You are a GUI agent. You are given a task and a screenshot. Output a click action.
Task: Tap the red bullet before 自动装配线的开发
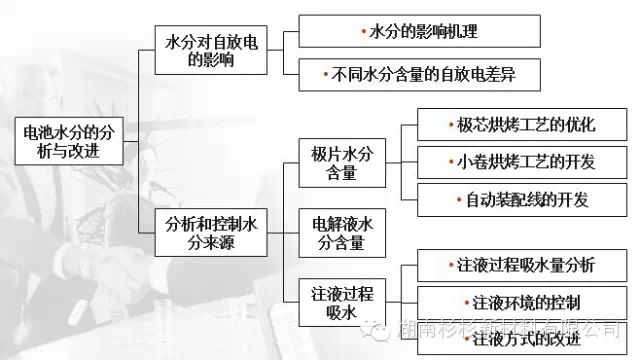pos(461,199)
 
